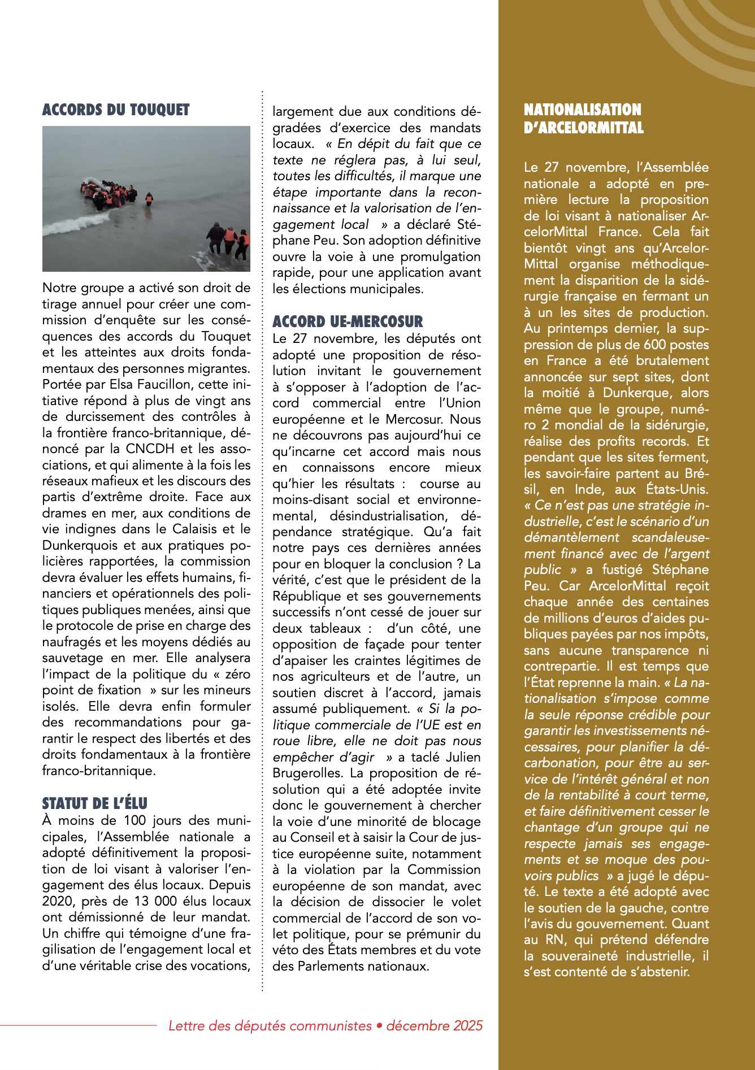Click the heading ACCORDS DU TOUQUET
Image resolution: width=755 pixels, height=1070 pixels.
[116, 110]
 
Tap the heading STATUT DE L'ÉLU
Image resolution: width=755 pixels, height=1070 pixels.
[94, 803]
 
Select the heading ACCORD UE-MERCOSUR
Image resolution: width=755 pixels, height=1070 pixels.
[348, 321]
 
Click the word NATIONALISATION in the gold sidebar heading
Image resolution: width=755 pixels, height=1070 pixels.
[582, 110]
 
